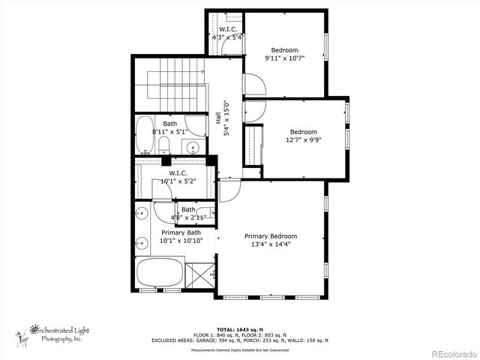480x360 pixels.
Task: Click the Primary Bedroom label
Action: click(x=271, y=236)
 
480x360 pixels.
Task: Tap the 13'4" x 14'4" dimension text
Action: click(x=271, y=244)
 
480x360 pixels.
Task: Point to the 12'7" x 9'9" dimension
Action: click(x=304, y=139)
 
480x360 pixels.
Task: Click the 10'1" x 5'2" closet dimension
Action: click(x=178, y=181)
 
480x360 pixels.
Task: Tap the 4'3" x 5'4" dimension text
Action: click(x=228, y=37)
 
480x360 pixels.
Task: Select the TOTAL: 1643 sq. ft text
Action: click(x=240, y=329)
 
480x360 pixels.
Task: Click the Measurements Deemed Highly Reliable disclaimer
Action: click(x=239, y=349)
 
